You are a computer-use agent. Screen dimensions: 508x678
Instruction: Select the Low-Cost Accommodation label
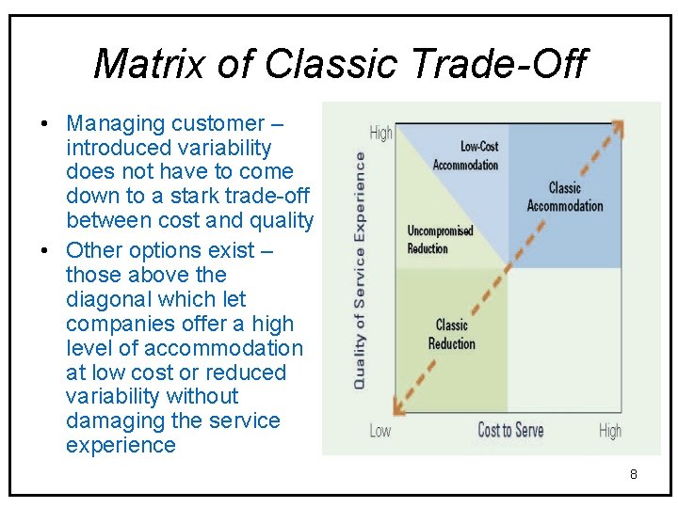tap(465, 155)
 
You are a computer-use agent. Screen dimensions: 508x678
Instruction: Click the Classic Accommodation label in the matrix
tap(565, 197)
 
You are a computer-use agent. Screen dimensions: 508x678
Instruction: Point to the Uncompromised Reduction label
tap(440, 239)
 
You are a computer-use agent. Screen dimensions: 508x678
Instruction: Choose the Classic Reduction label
tap(452, 334)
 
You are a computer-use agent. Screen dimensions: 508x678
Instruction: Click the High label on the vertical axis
tap(381, 133)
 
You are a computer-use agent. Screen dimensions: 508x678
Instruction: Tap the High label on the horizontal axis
tap(609, 431)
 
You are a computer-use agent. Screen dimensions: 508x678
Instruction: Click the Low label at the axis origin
tap(379, 431)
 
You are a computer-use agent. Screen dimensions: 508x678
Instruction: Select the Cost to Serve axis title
tap(510, 431)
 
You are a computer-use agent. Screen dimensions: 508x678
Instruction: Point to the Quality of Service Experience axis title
tap(360, 271)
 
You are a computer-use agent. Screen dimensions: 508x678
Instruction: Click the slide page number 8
tap(633, 474)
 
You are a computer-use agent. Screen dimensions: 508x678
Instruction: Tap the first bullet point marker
tap(45, 124)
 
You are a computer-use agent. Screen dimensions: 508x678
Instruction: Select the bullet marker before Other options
tap(45, 251)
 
